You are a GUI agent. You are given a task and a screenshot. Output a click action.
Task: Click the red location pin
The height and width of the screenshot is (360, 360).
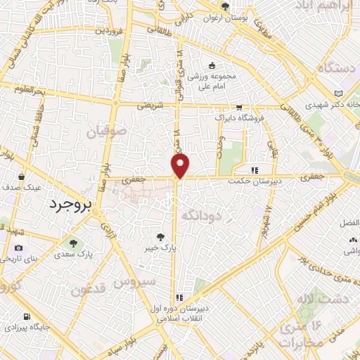click(181, 166)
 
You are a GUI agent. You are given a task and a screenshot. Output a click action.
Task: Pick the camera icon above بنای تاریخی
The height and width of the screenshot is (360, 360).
click(18, 248)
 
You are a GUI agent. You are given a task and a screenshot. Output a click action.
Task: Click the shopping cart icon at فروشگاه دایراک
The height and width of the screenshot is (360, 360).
click(239, 108)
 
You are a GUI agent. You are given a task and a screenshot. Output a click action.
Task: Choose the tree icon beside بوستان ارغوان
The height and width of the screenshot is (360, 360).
click(225, 6)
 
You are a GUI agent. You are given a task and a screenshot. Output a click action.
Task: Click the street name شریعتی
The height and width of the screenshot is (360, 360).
click(148, 104)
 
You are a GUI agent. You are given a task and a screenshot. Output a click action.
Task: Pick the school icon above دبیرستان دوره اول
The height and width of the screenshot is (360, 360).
click(179, 297)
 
